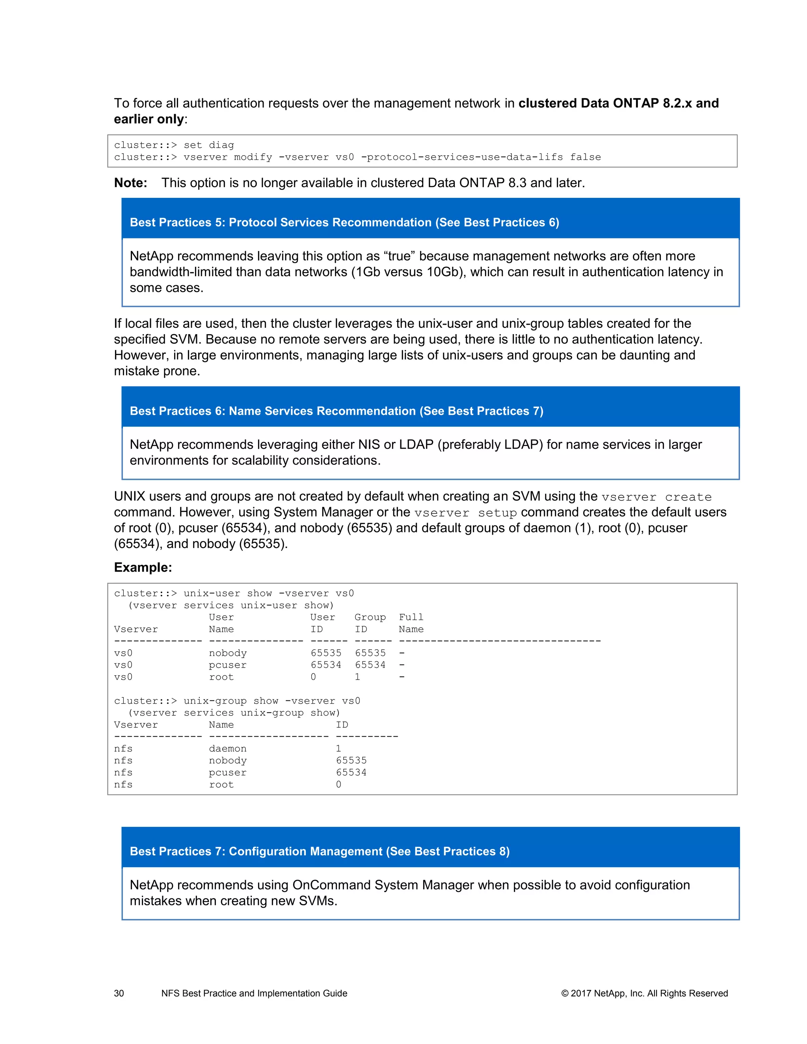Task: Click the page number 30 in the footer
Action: click(119, 993)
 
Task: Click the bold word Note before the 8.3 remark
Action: click(130, 183)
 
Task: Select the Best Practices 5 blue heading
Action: click(344, 222)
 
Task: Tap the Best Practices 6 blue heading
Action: click(336, 411)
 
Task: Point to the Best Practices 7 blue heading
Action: click(319, 851)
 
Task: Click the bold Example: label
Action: click(143, 567)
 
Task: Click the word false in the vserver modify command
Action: click(585, 157)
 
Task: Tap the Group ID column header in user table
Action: click(370, 623)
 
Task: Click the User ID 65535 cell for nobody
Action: click(325, 653)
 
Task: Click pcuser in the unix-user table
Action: click(228, 665)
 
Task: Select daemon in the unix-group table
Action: click(228, 749)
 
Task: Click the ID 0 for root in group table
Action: click(338, 784)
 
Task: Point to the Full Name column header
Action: click(411, 623)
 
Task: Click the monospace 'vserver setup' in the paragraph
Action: click(465, 513)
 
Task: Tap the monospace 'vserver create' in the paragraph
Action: click(656, 497)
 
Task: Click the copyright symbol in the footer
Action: click(565, 993)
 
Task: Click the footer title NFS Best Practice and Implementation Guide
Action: click(254, 993)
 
